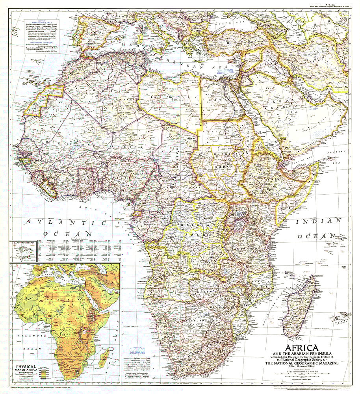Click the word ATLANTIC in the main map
pos(65,223)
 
